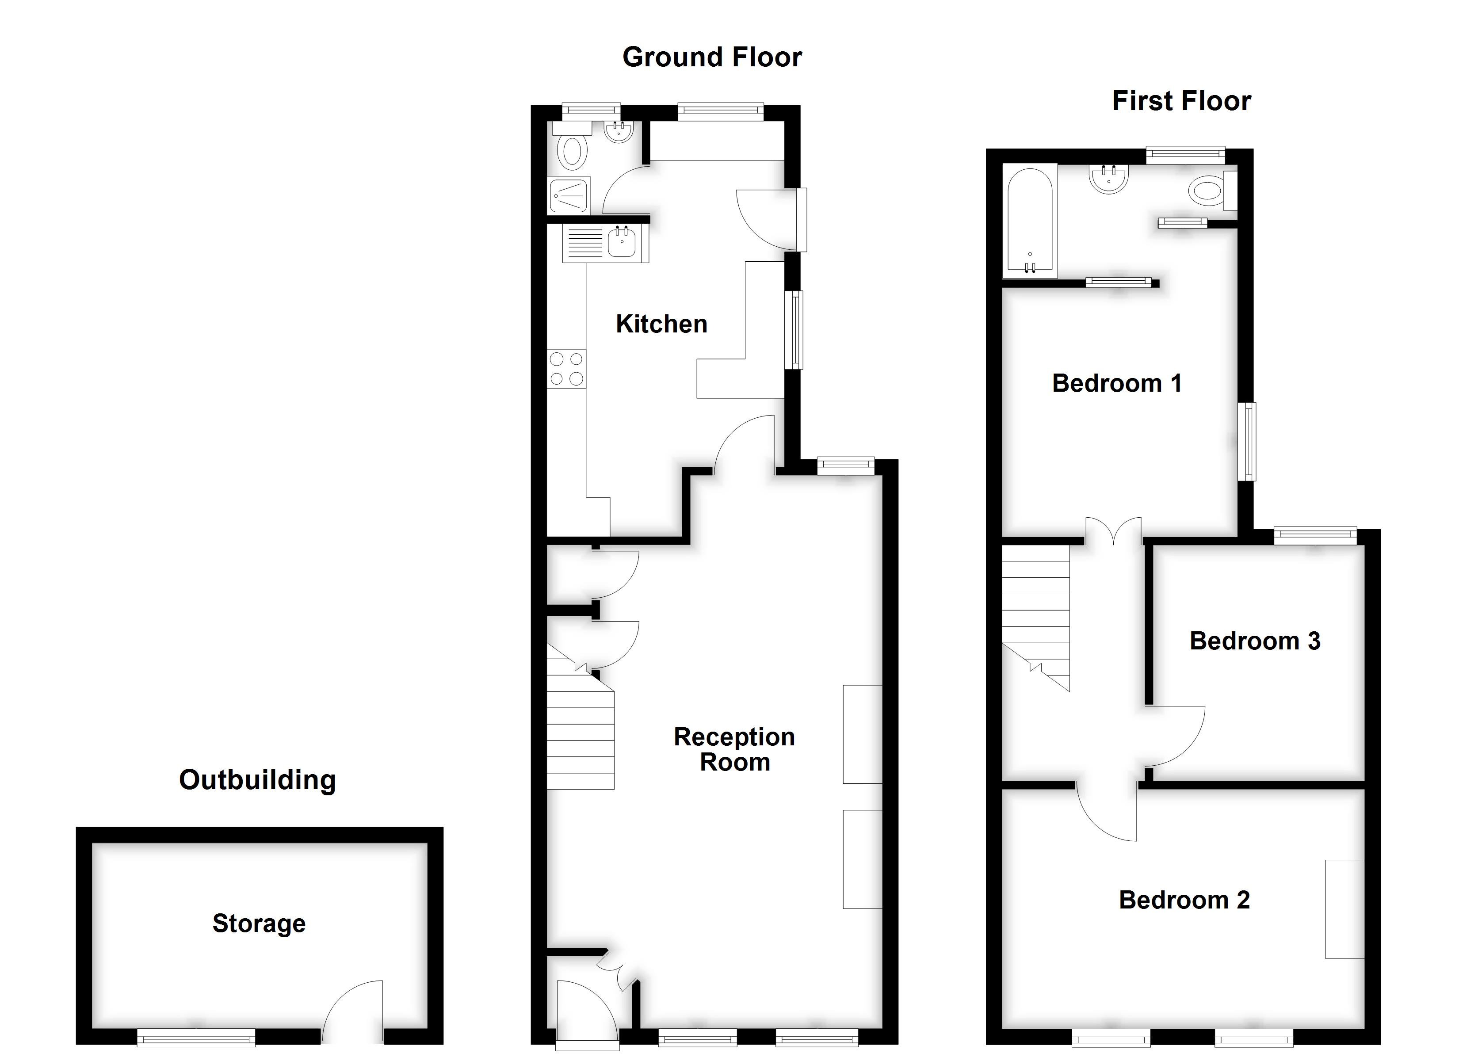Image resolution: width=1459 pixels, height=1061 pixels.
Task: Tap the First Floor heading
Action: pos(1181,102)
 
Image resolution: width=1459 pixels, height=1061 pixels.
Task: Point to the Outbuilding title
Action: pos(257,780)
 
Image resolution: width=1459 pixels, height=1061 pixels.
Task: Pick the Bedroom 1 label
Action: pos(1117,383)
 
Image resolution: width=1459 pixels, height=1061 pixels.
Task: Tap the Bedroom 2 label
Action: pos(1184,900)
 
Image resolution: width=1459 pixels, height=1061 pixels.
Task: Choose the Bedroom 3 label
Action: pos(1254,641)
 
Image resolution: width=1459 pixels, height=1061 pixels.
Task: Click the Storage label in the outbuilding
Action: pos(259,924)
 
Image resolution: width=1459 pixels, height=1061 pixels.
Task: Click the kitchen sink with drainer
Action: pos(605,243)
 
